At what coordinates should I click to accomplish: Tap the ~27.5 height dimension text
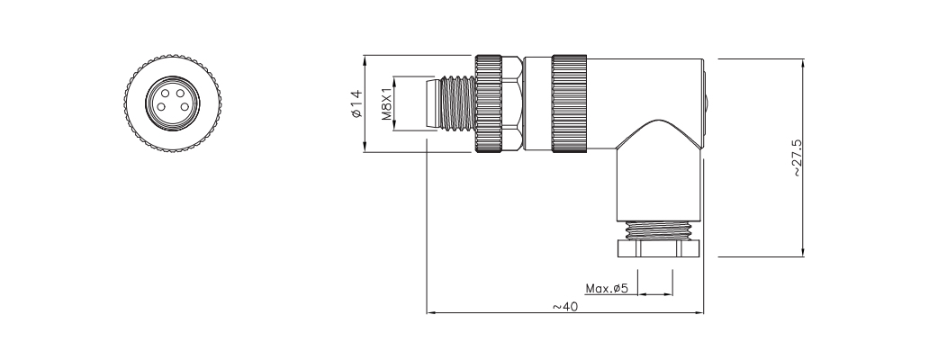coord(797,158)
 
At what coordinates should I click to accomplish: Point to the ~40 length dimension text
coord(564,307)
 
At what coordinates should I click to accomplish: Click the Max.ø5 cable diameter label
coord(606,289)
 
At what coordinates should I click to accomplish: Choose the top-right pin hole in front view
coord(176,93)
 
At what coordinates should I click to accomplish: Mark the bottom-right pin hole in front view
coord(176,108)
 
